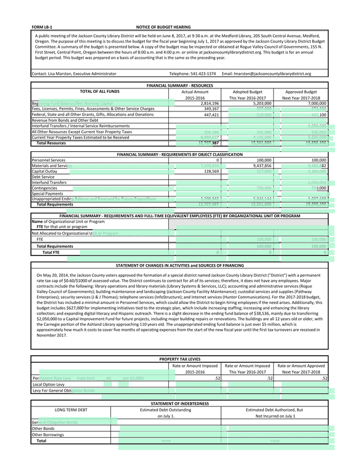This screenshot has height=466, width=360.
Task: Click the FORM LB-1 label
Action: (42, 26)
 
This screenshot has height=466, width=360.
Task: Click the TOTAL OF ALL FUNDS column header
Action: (100, 91)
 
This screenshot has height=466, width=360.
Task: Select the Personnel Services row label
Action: (48, 160)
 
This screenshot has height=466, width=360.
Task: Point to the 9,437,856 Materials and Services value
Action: (260, 166)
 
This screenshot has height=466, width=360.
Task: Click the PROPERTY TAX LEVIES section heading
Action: (179, 359)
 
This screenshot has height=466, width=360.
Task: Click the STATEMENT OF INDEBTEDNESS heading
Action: (179, 404)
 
